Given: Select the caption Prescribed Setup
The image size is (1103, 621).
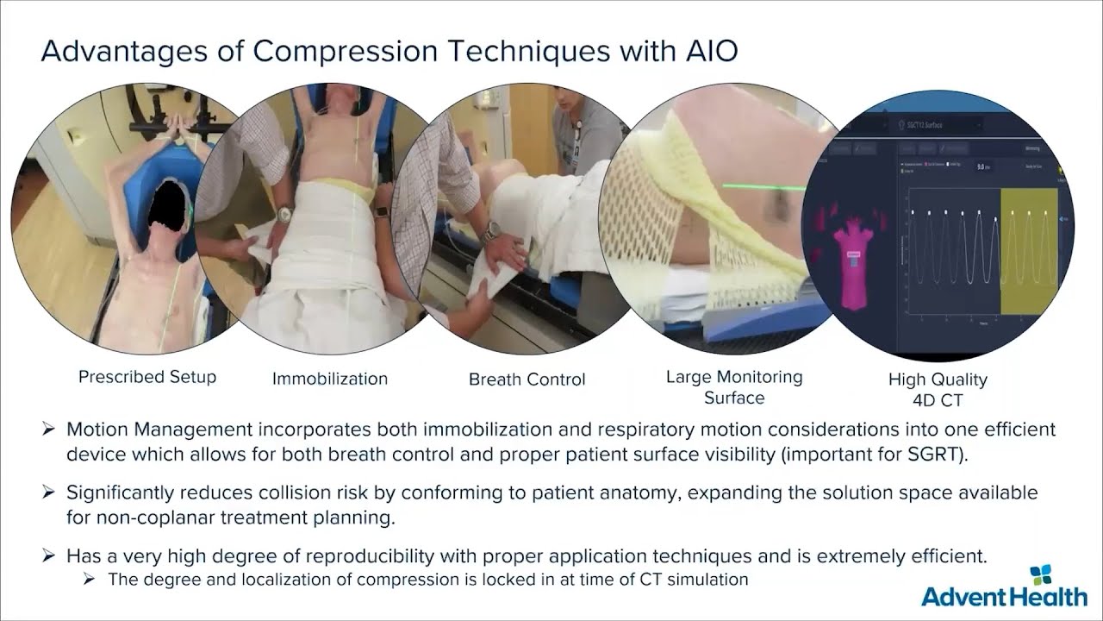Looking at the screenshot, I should (x=147, y=377).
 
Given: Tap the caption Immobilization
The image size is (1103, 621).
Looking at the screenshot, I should (x=330, y=379).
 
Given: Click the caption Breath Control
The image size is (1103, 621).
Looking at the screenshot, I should (x=527, y=379).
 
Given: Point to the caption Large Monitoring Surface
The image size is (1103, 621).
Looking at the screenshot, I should (x=734, y=387).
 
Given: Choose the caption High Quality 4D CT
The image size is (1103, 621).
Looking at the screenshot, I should (x=938, y=389).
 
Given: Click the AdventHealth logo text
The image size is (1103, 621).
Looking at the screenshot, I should (x=1004, y=596).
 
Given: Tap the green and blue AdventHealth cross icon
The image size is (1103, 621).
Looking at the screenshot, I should (x=1042, y=575).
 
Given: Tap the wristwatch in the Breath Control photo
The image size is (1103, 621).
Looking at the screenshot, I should (x=492, y=231).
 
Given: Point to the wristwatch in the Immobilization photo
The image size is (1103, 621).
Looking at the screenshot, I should (x=284, y=212).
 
